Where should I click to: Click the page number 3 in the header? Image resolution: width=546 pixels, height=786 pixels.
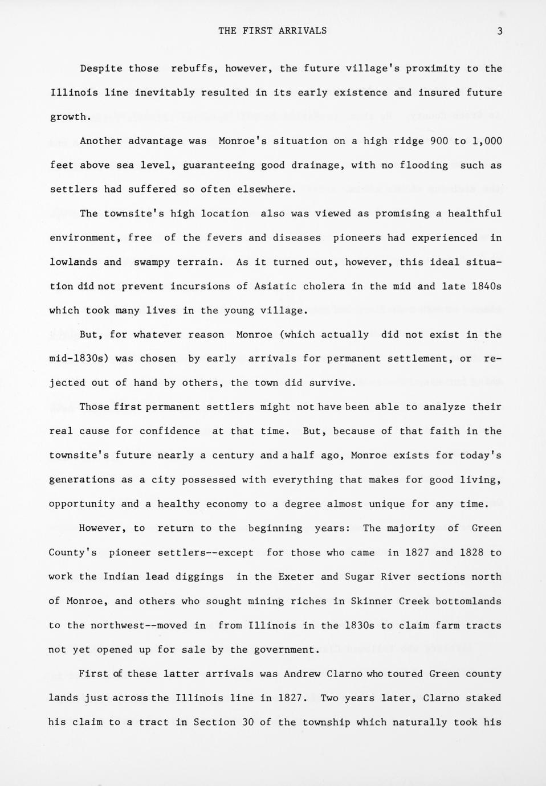[x=500, y=31]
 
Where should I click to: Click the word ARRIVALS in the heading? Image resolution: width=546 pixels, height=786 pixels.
[x=303, y=31]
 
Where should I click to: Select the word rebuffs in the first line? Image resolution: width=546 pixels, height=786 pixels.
[x=192, y=68]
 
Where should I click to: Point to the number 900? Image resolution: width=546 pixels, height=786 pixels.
[x=438, y=141]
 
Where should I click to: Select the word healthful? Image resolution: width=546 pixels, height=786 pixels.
[x=475, y=214]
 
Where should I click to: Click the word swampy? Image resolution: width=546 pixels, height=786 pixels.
[x=152, y=262]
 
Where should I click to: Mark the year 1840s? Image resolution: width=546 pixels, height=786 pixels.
[x=487, y=286]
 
